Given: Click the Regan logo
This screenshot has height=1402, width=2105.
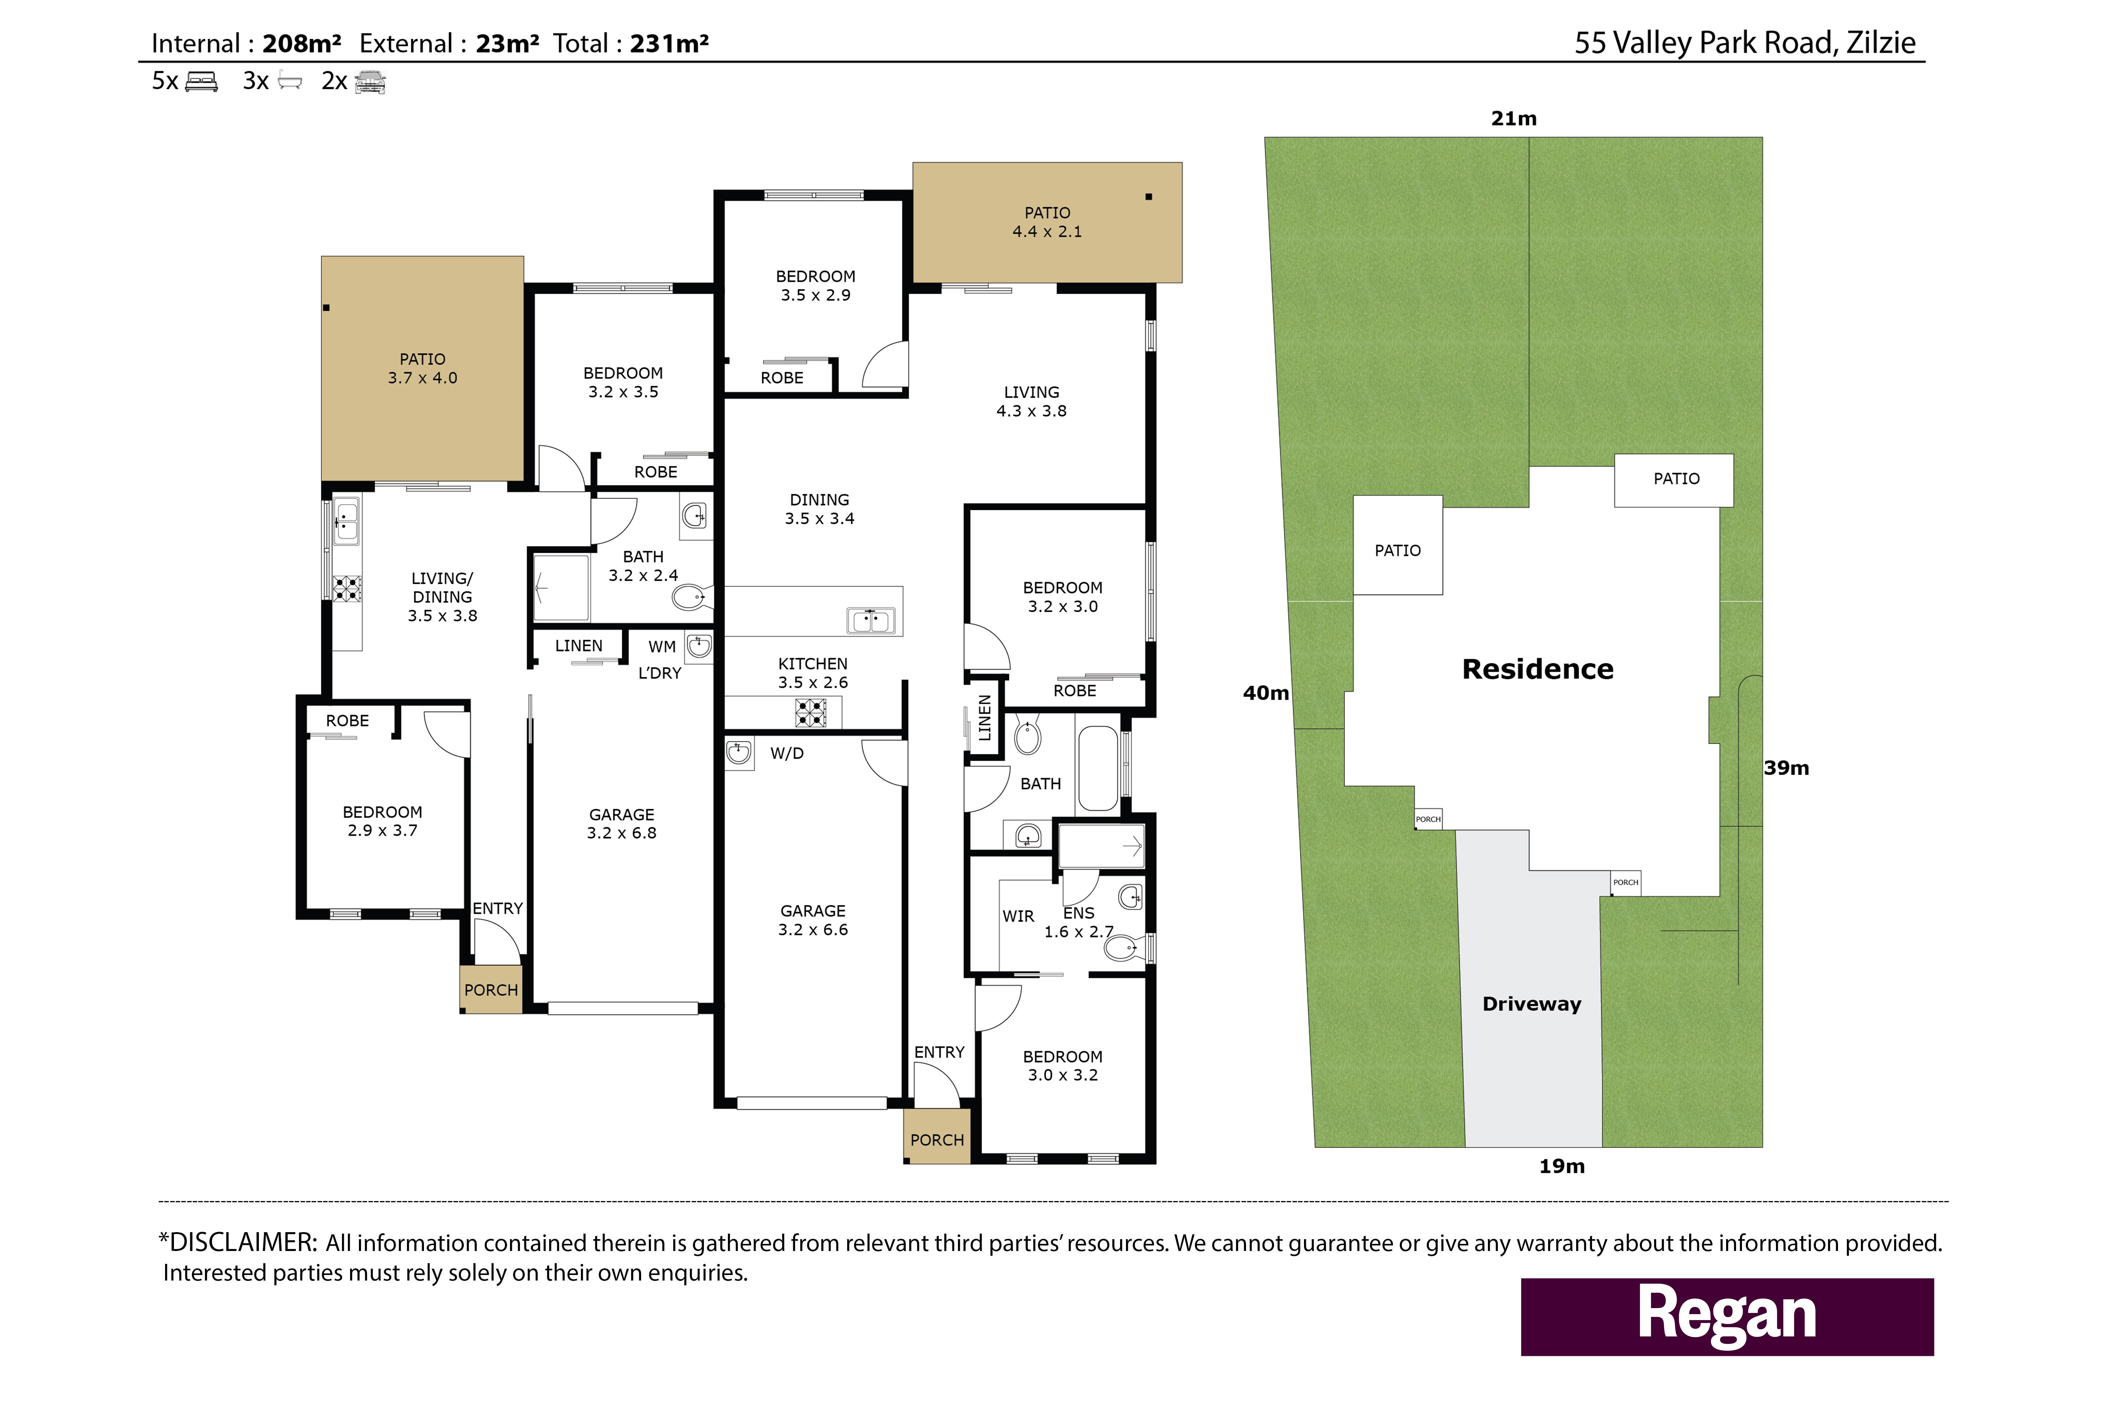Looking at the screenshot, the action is point(1727,1316).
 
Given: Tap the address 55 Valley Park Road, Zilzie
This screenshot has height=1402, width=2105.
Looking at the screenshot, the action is point(1745,43).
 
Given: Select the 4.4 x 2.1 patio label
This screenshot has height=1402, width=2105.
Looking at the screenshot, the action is point(1047,222).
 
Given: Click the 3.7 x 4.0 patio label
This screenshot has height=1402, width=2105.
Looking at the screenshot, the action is point(422,369).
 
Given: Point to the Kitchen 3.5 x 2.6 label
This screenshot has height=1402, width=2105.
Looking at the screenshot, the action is point(813,672).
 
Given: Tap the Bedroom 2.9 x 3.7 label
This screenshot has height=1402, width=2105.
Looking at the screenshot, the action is point(383,821).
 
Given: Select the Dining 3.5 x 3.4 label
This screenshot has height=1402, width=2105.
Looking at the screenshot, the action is point(819,509).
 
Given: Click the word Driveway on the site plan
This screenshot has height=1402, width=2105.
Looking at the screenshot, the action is point(1532,1004).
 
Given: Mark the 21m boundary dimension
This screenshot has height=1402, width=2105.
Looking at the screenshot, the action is point(1514,118).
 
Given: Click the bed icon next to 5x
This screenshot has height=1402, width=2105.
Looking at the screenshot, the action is point(201,82).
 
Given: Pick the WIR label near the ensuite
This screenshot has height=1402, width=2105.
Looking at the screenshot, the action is point(1019,916).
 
